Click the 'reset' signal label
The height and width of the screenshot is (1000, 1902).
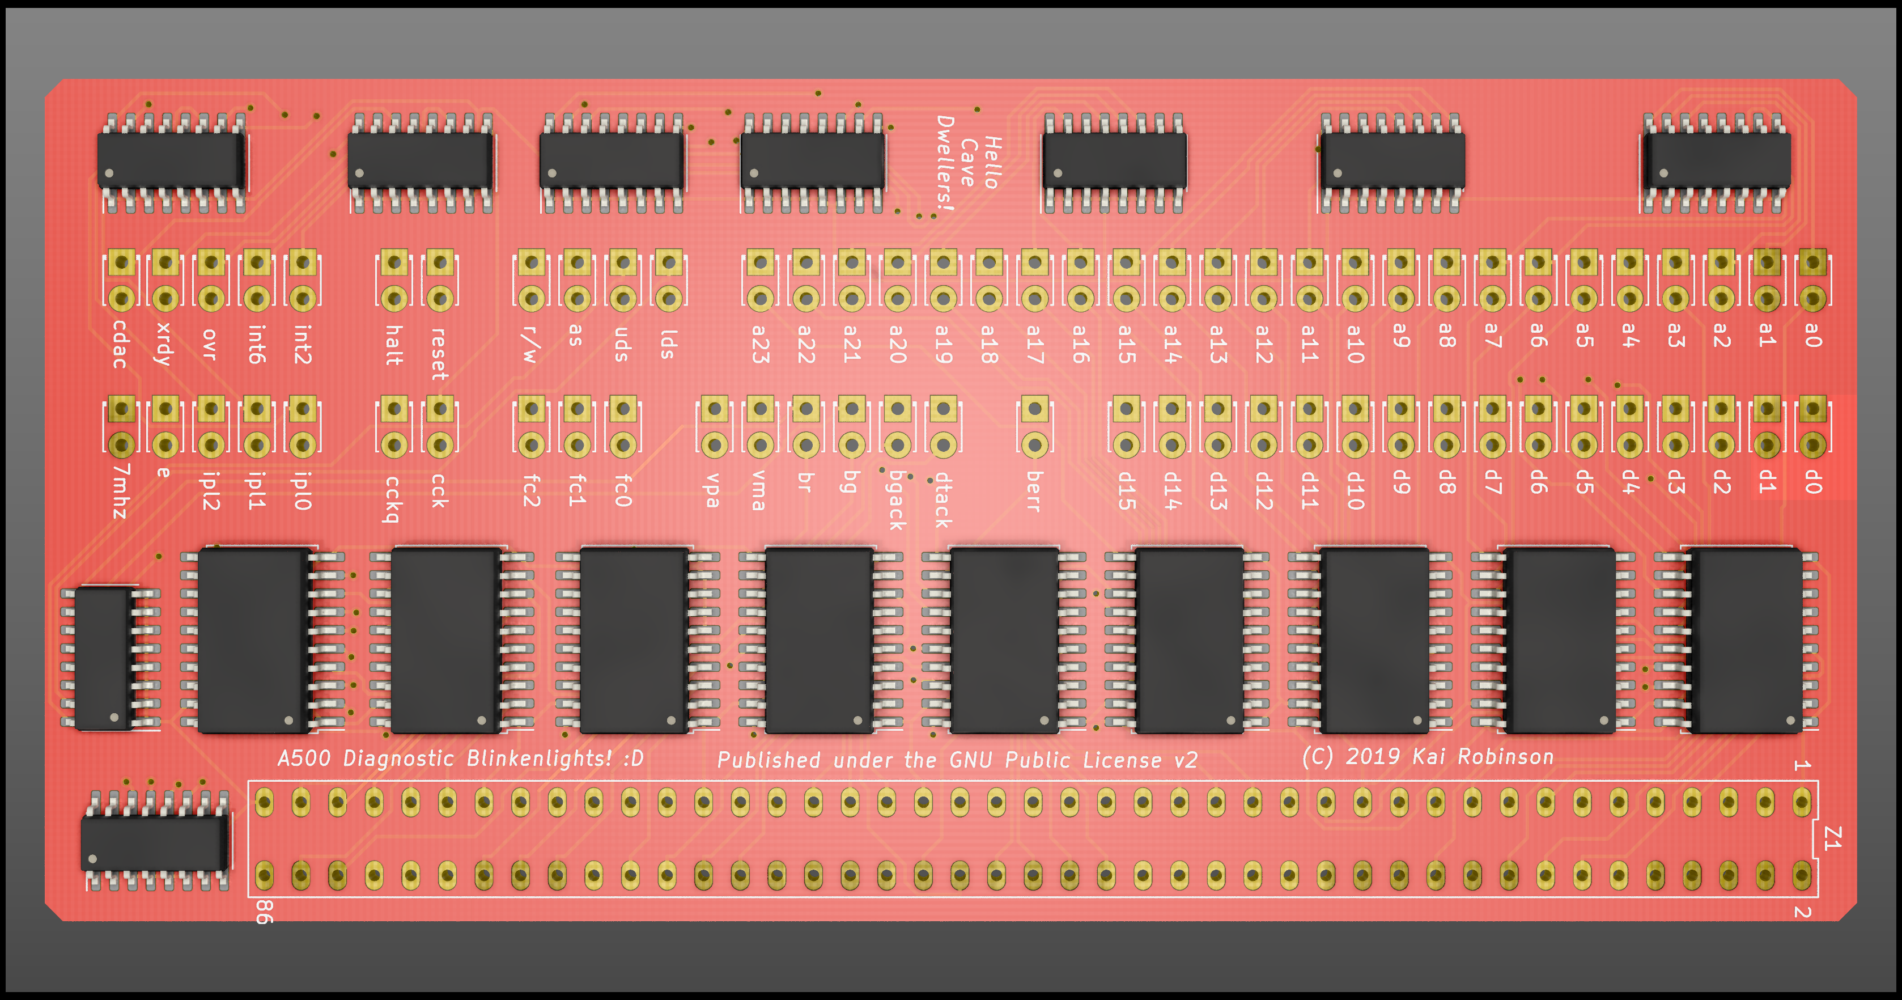[439, 354]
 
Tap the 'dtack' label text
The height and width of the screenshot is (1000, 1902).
[943, 500]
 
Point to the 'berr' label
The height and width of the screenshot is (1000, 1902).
[1034, 491]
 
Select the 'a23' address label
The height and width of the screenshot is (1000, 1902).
[761, 344]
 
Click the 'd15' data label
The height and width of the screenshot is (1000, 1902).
[1126, 491]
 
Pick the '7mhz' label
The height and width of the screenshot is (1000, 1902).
[120, 491]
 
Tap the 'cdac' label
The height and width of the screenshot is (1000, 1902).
[120, 344]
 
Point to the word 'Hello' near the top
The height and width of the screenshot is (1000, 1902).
[992, 162]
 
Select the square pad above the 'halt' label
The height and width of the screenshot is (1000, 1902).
[394, 262]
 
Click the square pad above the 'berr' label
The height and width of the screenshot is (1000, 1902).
[1034, 408]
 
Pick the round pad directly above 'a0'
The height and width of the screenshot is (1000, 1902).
[1812, 298]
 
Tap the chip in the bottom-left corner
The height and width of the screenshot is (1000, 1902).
[154, 842]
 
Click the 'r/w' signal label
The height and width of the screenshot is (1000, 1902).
[529, 345]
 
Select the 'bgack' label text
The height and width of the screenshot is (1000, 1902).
[897, 500]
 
